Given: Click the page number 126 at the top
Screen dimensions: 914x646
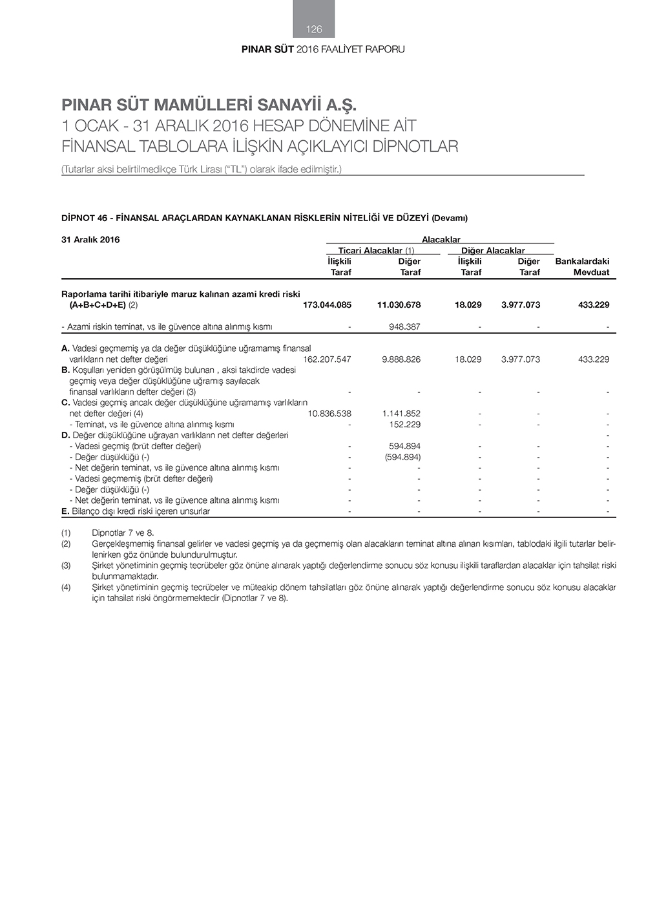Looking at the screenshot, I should [314, 29].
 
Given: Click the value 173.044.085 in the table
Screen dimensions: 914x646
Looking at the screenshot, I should [327, 304].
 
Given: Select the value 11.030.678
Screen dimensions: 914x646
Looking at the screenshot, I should [399, 304].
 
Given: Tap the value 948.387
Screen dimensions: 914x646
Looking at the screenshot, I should [404, 326].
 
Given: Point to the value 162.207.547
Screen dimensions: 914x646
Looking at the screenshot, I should [327, 359].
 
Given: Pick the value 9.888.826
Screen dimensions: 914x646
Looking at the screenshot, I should [401, 359].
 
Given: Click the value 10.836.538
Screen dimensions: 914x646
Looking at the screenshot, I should [329, 413].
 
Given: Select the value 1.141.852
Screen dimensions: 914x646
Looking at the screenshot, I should [401, 413].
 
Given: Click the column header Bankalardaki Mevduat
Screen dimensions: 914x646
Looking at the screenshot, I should [582, 266].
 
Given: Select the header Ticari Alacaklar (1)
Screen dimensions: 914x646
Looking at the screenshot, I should [376, 250].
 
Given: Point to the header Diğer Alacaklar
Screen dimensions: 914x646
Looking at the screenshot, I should [493, 250].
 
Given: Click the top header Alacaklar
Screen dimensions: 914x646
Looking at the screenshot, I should [441, 240].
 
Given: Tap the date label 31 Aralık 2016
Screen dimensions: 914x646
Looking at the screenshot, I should [90, 240].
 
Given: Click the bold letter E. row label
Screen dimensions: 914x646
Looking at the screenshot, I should [65, 511].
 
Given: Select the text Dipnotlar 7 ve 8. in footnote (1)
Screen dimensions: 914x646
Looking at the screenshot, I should [123, 533].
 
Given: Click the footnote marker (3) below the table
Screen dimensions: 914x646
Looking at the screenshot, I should [66, 566].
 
